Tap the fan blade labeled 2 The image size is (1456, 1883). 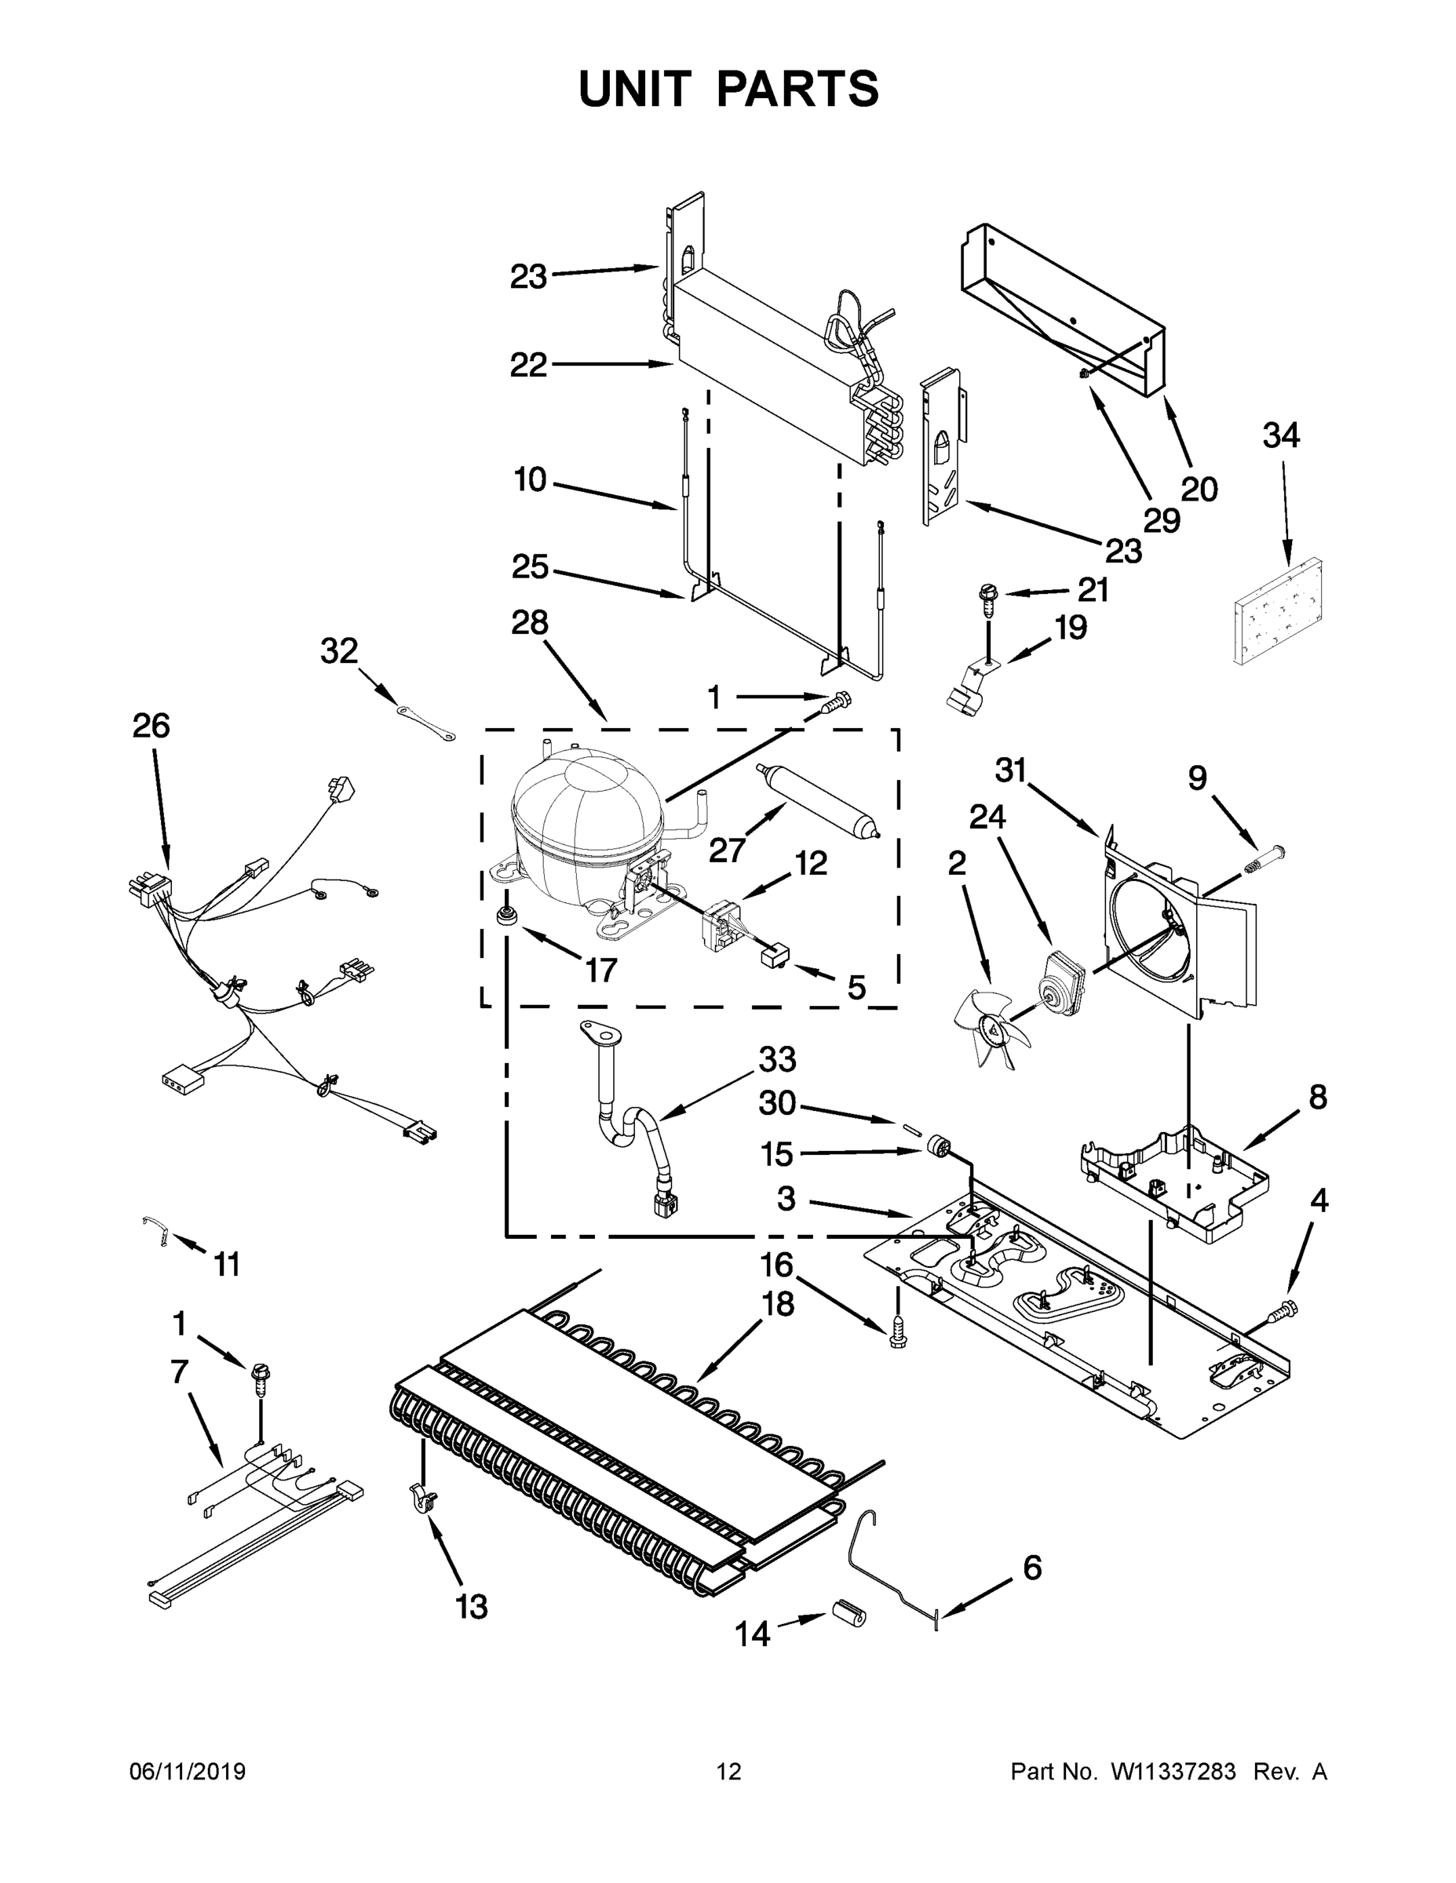click(x=988, y=1026)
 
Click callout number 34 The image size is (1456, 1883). click(x=1281, y=436)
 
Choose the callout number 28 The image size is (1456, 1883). click(x=529, y=621)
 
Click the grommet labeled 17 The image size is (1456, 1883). click(x=506, y=916)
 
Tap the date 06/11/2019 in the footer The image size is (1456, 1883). click(x=187, y=1772)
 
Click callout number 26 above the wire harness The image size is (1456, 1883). click(x=151, y=726)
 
